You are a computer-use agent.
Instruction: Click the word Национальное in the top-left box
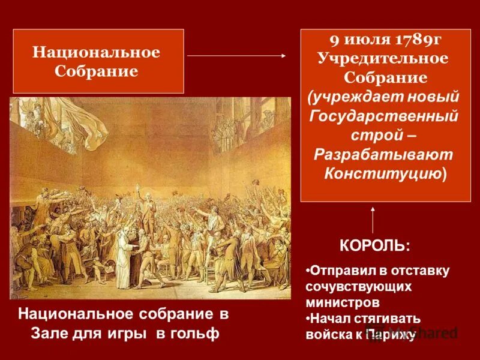[x=96, y=52]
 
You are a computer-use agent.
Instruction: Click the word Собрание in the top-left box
[x=96, y=71]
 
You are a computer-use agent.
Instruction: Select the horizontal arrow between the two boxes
[x=237, y=55]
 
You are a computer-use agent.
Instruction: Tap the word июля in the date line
[x=362, y=40]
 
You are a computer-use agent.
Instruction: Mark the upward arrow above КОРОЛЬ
[x=373, y=220]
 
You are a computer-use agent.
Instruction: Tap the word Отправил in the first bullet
[x=340, y=271]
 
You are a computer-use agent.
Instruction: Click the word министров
[x=342, y=302]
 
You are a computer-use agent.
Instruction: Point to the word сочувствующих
[x=358, y=286]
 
